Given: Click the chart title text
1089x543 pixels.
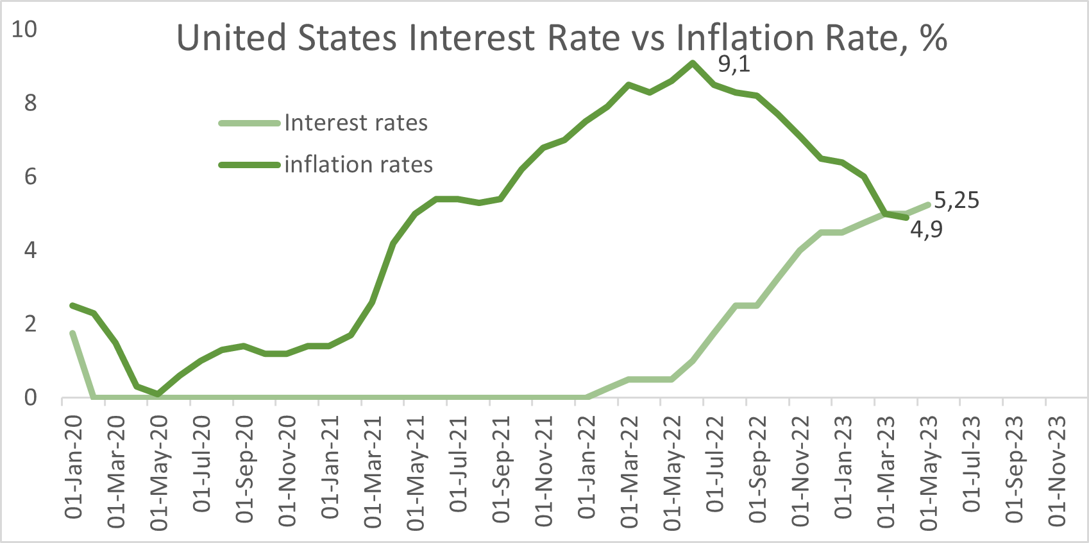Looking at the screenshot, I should pos(562,38).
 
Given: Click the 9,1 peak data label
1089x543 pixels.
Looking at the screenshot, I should pos(734,64).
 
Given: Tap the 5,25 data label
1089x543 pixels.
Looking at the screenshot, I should pos(956,200).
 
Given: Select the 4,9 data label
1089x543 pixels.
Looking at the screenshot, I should pos(926,229).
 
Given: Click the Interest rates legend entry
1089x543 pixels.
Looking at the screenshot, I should pos(355,123).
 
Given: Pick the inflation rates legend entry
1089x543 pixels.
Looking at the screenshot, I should pos(358,164).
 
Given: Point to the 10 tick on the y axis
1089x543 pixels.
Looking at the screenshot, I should pos(24,29).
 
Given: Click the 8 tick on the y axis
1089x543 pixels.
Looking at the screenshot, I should pos(30,103).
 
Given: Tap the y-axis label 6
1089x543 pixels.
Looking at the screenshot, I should pos(30,177).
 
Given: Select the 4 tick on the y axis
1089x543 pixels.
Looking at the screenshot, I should pos(30,250).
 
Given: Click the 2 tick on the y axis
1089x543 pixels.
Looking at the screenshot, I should pos(30,323).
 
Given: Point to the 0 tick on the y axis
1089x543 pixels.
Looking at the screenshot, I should pos(30,398).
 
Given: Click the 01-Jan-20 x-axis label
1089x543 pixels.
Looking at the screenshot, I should pos(74,466).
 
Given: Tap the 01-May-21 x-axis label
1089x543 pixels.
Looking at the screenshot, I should pos(416,472).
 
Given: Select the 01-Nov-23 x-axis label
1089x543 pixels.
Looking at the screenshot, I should pos(1057,470).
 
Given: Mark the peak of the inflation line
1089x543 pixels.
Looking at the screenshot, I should pos(693,62).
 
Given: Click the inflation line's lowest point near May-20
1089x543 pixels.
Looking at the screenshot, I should pos(158,394).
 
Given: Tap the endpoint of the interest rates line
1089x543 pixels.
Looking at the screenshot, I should pos(928,204).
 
